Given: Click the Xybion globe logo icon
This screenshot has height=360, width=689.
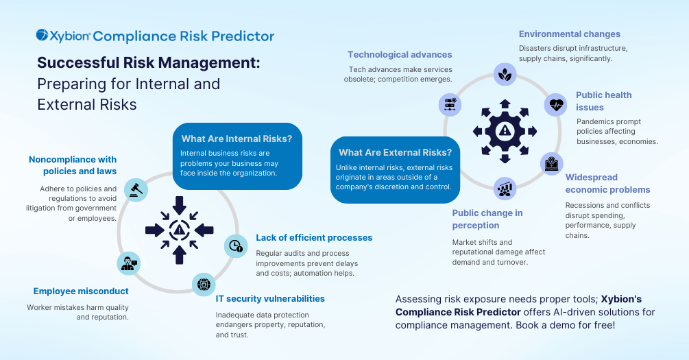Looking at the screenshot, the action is tap(43, 35).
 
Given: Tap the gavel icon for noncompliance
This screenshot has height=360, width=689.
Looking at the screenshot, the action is tap(136, 190).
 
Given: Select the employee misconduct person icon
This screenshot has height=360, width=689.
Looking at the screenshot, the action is tap(129, 263).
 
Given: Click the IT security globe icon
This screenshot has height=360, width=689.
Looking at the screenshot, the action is tap(204, 285).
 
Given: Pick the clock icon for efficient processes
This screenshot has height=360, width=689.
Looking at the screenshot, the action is tap(236, 245).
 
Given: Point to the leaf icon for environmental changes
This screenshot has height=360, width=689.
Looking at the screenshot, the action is tap(505, 74).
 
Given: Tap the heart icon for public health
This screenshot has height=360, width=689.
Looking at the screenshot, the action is tap(556, 105).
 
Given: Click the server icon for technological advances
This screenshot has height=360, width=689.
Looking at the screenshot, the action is tap(450, 105).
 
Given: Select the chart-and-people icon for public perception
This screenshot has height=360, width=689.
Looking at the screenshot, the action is tap(505, 189).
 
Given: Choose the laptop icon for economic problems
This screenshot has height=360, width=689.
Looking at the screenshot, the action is tap(551, 163).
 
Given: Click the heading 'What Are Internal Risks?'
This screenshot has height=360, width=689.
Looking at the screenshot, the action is tap(237, 139).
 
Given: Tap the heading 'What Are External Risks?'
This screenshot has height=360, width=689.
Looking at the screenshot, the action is tap(395, 152).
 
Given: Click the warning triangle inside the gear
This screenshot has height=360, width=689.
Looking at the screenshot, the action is tap(505, 130).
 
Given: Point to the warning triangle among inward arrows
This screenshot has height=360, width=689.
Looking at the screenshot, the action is tap(179, 230).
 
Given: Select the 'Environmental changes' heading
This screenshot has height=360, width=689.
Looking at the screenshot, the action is tap(570, 34).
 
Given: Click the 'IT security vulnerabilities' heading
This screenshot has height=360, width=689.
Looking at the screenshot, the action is tap(270, 299).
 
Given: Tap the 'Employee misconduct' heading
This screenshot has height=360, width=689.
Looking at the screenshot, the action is tap(81, 291).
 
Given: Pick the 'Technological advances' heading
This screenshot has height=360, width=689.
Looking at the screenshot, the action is tap(400, 54).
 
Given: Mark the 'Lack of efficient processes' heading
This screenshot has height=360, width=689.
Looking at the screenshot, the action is tap(314, 238).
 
